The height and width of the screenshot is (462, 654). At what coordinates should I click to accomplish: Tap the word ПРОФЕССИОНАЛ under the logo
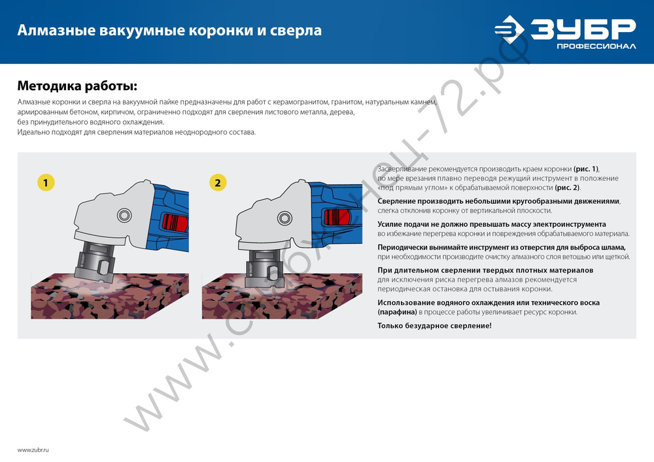pos(596,46)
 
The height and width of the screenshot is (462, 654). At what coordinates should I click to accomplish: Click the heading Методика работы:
pos(77,86)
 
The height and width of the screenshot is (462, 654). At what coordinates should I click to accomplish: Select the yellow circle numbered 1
pos(45,183)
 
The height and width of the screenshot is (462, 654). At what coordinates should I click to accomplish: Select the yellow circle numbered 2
pos(218,183)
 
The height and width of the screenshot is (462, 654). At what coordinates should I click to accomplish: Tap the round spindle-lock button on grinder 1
pos(123,216)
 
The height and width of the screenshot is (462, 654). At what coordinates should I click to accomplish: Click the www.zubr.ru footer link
pos(33,451)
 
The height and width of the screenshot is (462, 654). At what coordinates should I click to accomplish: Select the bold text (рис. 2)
pos(567,188)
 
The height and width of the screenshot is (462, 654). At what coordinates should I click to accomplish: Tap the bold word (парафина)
pos(397,312)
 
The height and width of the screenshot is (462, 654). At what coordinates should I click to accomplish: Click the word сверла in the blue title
pos(300,31)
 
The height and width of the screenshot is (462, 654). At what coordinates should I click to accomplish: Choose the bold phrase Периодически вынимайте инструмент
pos(449,248)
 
